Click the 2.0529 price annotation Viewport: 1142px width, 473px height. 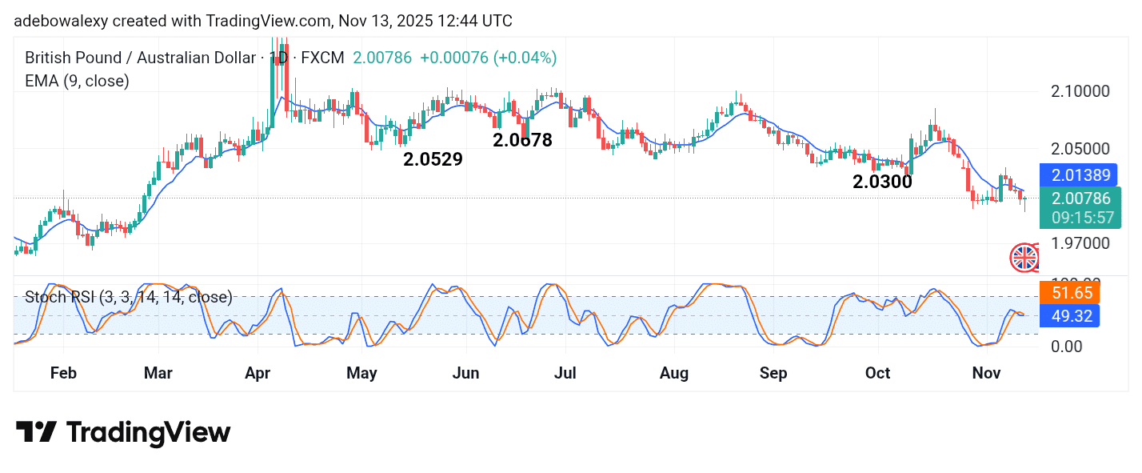click(x=433, y=159)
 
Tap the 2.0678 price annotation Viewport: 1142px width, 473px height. click(x=522, y=140)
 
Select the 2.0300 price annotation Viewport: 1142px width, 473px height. click(x=882, y=182)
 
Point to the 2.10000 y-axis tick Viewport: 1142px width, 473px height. click(x=1080, y=91)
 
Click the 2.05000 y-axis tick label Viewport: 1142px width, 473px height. click(x=1080, y=149)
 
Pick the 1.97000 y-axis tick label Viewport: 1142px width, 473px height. click(x=1080, y=243)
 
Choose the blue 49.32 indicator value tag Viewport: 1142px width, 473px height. click(x=1069, y=316)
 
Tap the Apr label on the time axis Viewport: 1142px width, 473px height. click(x=258, y=373)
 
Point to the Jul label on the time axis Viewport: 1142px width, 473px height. click(x=565, y=373)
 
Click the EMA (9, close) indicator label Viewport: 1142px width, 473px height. click(x=77, y=81)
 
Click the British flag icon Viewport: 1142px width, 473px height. click(x=1024, y=258)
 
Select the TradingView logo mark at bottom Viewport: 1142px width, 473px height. click(x=36, y=433)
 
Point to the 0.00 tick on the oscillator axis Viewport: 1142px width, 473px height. click(x=1068, y=347)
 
